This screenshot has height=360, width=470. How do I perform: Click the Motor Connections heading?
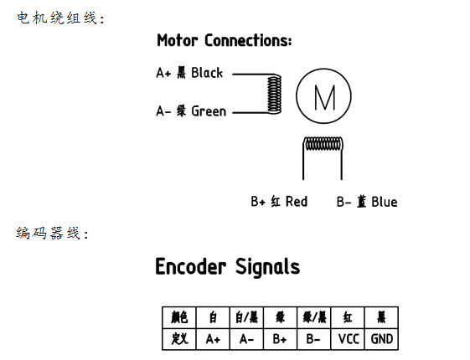pyautogui.click(x=225, y=40)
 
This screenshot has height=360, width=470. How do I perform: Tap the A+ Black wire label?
pyautogui.click(x=189, y=73)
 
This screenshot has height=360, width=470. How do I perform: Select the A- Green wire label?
pyautogui.click(x=191, y=111)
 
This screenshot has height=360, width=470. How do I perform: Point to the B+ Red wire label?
pyautogui.click(x=279, y=201)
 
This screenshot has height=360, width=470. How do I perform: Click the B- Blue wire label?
pyautogui.click(x=367, y=201)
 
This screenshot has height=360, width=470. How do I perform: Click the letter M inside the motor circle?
pyautogui.click(x=324, y=98)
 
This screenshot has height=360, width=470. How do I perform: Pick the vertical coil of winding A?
pyautogui.click(x=274, y=94)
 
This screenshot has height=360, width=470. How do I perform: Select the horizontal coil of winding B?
pyautogui.click(x=323, y=144)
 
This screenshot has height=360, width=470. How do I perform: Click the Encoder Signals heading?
pyautogui.click(x=228, y=266)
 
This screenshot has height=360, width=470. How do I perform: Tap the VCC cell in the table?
pyautogui.click(x=348, y=339)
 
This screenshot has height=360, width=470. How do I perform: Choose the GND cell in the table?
pyautogui.click(x=381, y=339)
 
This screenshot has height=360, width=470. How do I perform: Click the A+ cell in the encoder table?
pyautogui.click(x=213, y=339)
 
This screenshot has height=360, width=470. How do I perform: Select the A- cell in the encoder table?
pyautogui.click(x=246, y=339)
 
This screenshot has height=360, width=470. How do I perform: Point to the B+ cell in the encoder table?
pyautogui.click(x=280, y=339)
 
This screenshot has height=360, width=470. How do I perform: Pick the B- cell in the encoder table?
pyautogui.click(x=314, y=339)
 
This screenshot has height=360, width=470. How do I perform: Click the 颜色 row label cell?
pyautogui.click(x=179, y=317)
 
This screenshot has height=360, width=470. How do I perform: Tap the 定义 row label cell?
pyautogui.click(x=179, y=339)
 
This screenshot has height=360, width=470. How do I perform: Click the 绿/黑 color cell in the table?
pyautogui.click(x=314, y=317)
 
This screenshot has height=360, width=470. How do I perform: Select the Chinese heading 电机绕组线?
pyautogui.click(x=60, y=18)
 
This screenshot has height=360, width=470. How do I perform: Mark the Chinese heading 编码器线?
pyautogui.click(x=53, y=233)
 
